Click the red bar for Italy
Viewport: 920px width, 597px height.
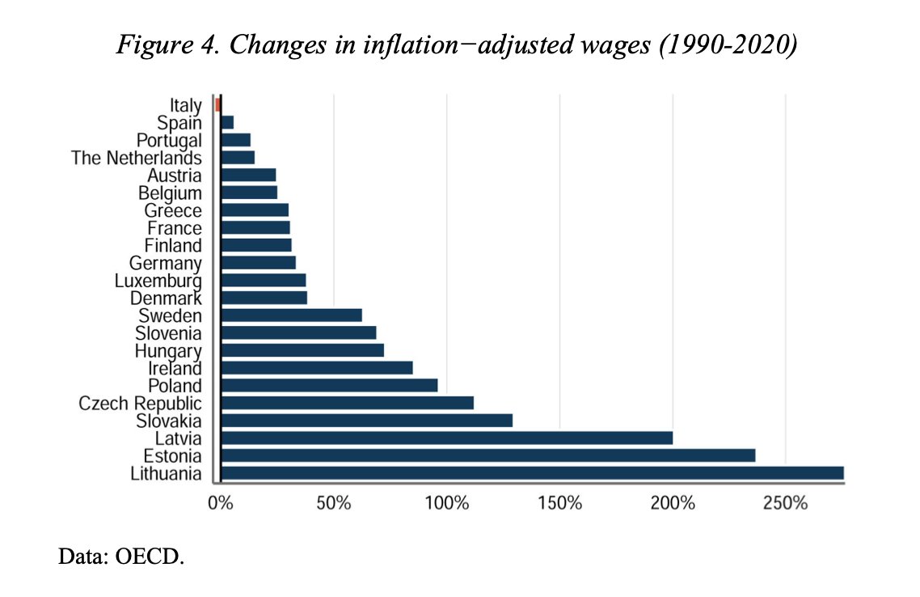[x=217, y=104]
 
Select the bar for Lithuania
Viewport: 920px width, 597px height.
[x=531, y=473]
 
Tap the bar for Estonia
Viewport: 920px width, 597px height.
[x=487, y=455]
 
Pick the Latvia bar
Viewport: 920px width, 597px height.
[x=445, y=438]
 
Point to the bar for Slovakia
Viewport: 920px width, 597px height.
[x=365, y=421]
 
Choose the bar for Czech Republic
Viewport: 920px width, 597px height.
[x=346, y=403]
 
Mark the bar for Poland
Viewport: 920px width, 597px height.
[x=328, y=385]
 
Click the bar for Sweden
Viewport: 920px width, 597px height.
[x=290, y=315]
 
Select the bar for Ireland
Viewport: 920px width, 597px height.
[x=316, y=368]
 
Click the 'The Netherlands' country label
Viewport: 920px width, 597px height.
[x=136, y=158]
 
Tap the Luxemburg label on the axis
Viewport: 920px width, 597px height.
[x=158, y=281]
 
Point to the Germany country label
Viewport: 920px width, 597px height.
[x=165, y=263]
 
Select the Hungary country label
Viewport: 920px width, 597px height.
[x=167, y=350]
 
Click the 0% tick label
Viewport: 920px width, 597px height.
[x=220, y=503]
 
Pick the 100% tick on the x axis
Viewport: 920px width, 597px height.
[x=446, y=503]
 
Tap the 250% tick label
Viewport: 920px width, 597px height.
[x=785, y=503]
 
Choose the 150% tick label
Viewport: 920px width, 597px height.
[x=559, y=503]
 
